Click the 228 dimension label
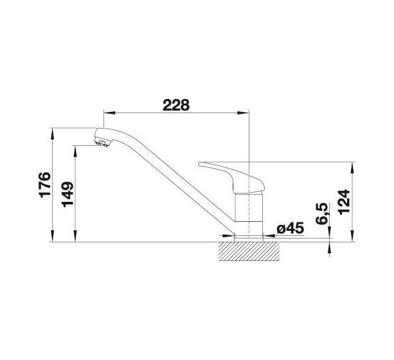(x=176, y=105)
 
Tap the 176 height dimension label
(x=45, y=184)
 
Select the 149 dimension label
(x=67, y=194)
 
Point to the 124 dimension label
(x=344, y=202)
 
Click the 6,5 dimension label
(x=322, y=213)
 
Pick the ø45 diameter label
(x=291, y=228)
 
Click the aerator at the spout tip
(x=103, y=143)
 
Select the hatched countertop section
(x=249, y=251)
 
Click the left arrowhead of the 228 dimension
(x=109, y=113)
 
